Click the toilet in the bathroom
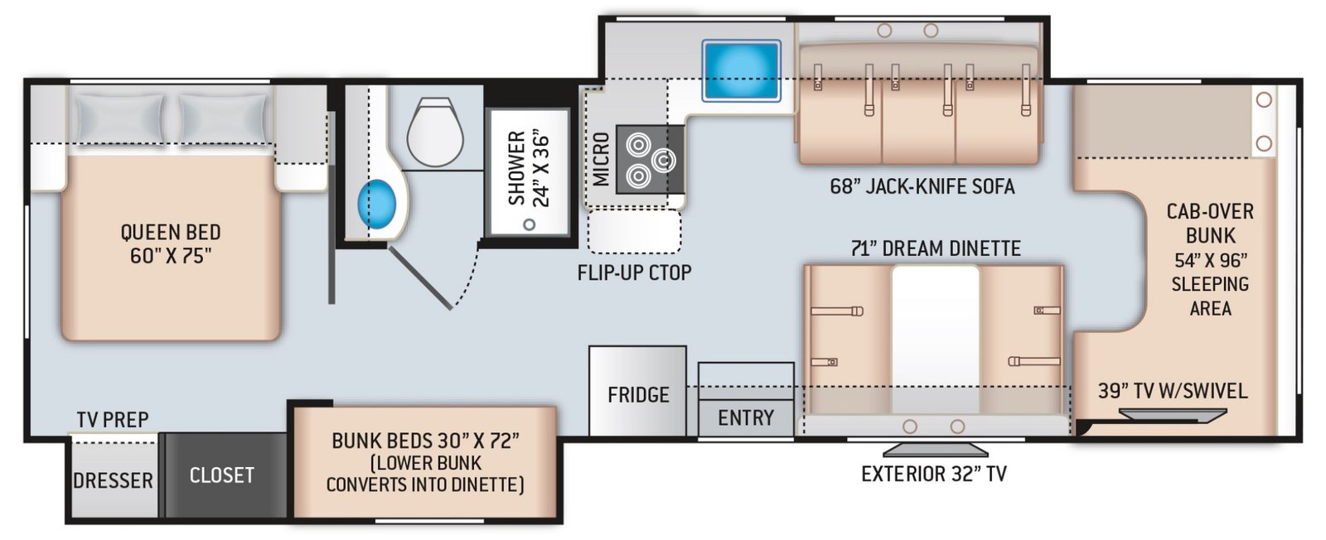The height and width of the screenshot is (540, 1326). pyautogui.click(x=435, y=132)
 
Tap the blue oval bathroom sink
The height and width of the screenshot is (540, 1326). pyautogui.click(x=376, y=204)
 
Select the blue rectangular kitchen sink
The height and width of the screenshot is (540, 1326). pyautogui.click(x=741, y=70)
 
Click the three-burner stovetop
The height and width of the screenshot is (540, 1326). pyautogui.click(x=650, y=159)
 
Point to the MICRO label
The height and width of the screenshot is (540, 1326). pyautogui.click(x=601, y=159)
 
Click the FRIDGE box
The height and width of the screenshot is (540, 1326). pyautogui.click(x=637, y=391)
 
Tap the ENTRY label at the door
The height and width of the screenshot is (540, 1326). pyautogui.click(x=746, y=418)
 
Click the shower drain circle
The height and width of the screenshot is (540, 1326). pyautogui.click(x=530, y=224)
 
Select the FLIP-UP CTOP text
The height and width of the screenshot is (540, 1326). pyautogui.click(x=635, y=272)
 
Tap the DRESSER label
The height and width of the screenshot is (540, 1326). pyautogui.click(x=113, y=481)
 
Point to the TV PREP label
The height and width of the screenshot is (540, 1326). pyautogui.click(x=113, y=420)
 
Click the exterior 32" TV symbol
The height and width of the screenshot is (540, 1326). pyautogui.click(x=936, y=450)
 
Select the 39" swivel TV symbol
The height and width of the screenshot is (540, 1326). pyautogui.click(x=1173, y=415)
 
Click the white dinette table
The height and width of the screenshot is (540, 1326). pyautogui.click(x=936, y=340)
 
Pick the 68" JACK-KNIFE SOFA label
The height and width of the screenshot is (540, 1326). pyautogui.click(x=922, y=187)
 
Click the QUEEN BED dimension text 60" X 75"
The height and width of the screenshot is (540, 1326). pyautogui.click(x=171, y=257)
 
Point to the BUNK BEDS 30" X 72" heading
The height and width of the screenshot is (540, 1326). pyautogui.click(x=425, y=441)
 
